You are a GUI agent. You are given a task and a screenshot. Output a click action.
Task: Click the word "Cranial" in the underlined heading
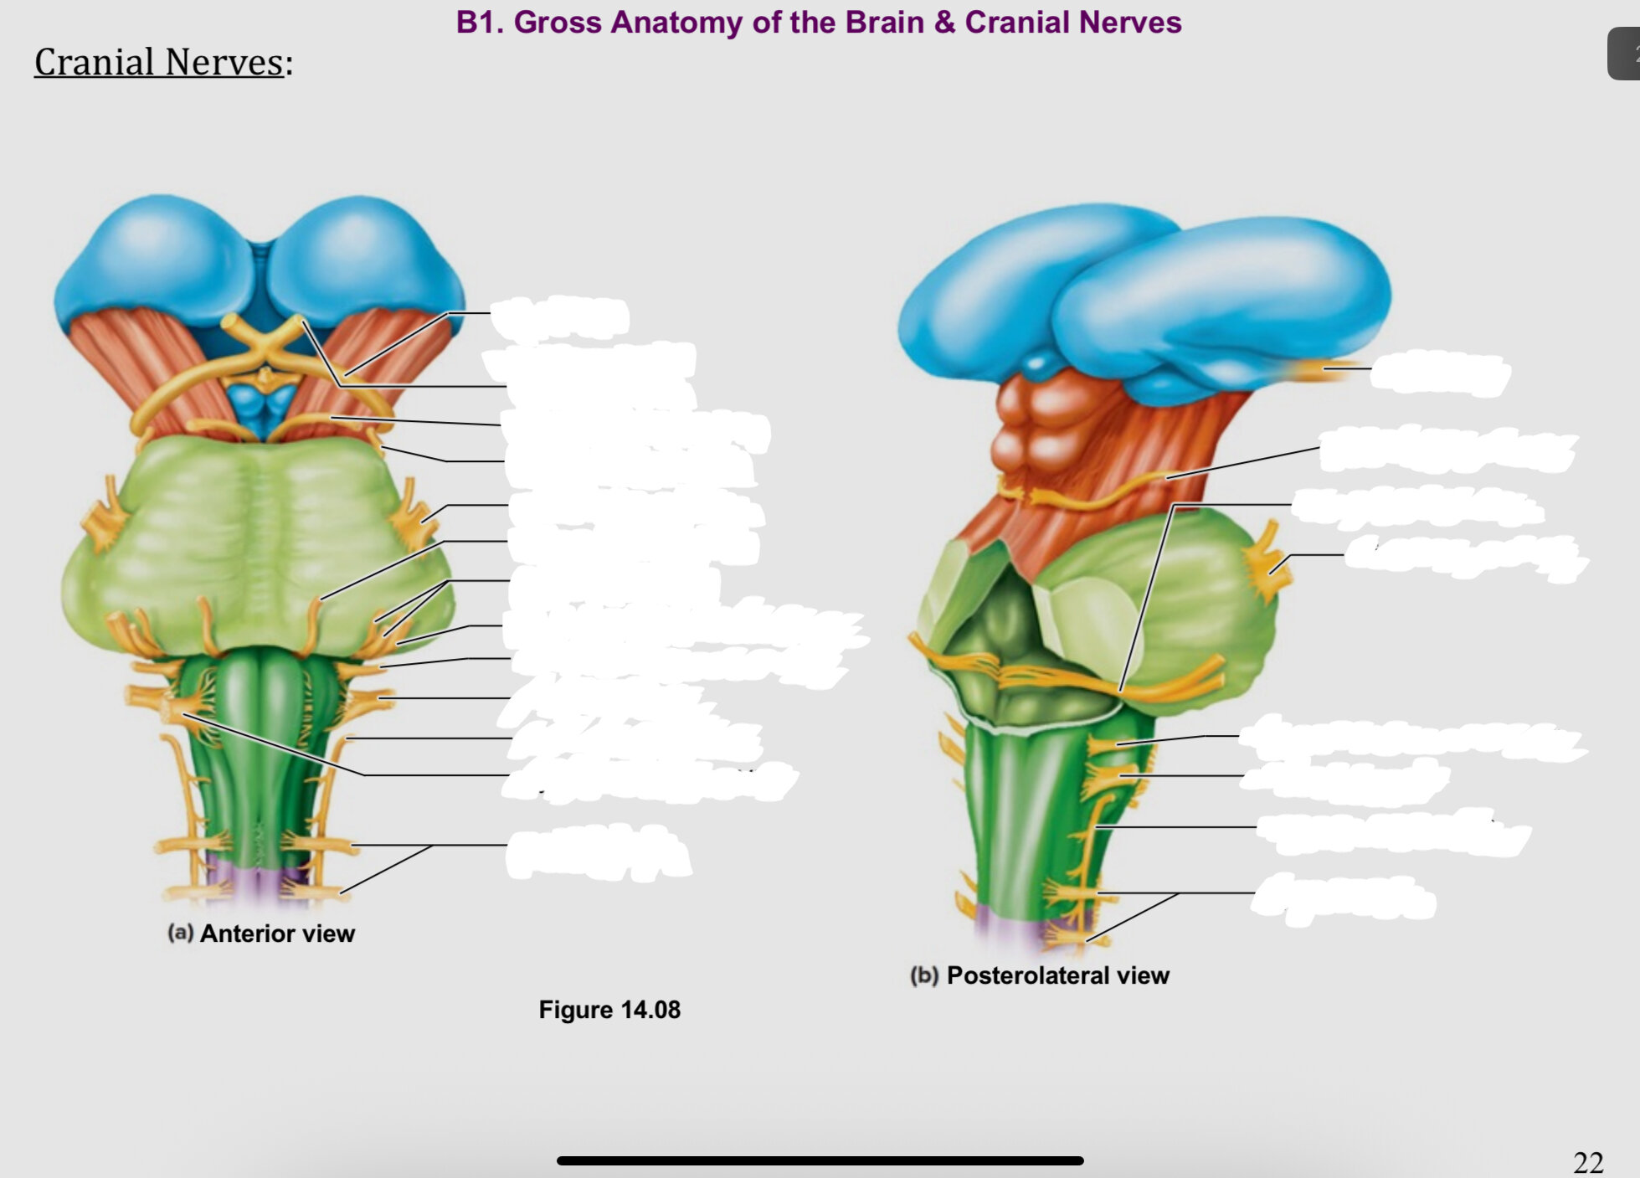94,62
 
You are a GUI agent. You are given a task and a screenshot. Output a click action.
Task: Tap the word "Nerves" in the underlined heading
224,62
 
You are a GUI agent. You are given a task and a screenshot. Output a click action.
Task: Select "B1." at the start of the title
481,22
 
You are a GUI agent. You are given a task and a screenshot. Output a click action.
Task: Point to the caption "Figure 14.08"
609,1010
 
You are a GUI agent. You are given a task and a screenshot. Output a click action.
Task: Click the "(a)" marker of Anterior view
181,933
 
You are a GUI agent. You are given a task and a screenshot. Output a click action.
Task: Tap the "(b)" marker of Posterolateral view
924,975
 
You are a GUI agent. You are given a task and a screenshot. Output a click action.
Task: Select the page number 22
1589,1162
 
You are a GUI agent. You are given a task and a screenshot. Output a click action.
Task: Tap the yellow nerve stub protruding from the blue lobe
1324,369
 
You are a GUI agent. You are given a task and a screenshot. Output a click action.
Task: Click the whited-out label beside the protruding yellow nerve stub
1440,373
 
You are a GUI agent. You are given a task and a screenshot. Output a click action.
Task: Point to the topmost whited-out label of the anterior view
559,318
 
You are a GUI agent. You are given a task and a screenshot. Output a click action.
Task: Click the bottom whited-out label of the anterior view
598,852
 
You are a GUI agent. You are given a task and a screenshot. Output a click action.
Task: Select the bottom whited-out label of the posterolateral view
1344,899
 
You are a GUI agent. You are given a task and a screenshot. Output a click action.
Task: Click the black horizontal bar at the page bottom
820,1160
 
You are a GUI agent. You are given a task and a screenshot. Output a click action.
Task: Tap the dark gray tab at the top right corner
1624,54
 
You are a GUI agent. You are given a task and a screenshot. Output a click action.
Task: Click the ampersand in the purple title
945,22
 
